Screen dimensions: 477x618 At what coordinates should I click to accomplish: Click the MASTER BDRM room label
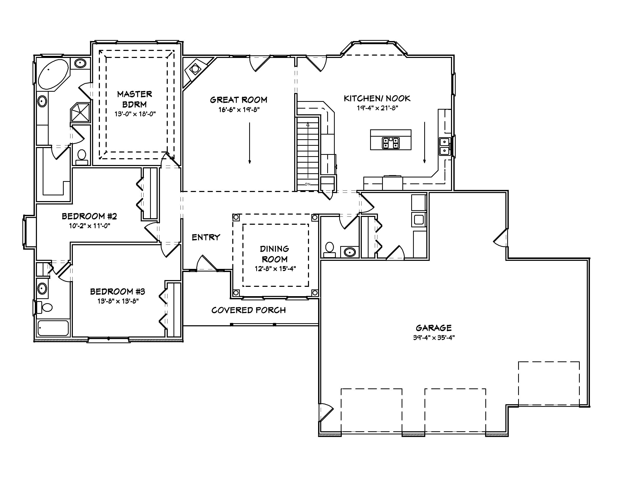tap(134, 99)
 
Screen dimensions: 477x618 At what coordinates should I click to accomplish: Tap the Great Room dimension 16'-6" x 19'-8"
tap(239, 110)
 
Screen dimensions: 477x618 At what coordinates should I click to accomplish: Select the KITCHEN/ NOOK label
tap(377, 98)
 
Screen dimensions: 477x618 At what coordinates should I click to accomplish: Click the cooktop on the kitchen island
tap(390, 143)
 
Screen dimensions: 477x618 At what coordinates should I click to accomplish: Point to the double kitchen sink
tap(445, 146)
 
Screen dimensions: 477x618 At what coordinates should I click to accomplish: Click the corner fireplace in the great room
tap(195, 69)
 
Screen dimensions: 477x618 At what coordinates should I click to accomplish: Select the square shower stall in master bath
tap(80, 112)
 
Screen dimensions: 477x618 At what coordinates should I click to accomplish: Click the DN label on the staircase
tap(308, 184)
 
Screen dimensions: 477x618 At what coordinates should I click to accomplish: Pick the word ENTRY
tap(206, 237)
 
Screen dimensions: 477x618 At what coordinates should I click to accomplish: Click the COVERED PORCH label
tap(248, 310)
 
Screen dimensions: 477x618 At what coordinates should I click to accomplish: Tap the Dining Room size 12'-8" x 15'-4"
tap(275, 268)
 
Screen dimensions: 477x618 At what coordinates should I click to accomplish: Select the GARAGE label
tap(434, 328)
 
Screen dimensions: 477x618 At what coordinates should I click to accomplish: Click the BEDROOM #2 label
tap(89, 216)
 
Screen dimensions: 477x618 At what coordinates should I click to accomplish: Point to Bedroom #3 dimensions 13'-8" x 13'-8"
tap(118, 301)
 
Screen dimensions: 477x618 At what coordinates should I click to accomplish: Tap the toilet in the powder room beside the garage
tap(329, 249)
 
